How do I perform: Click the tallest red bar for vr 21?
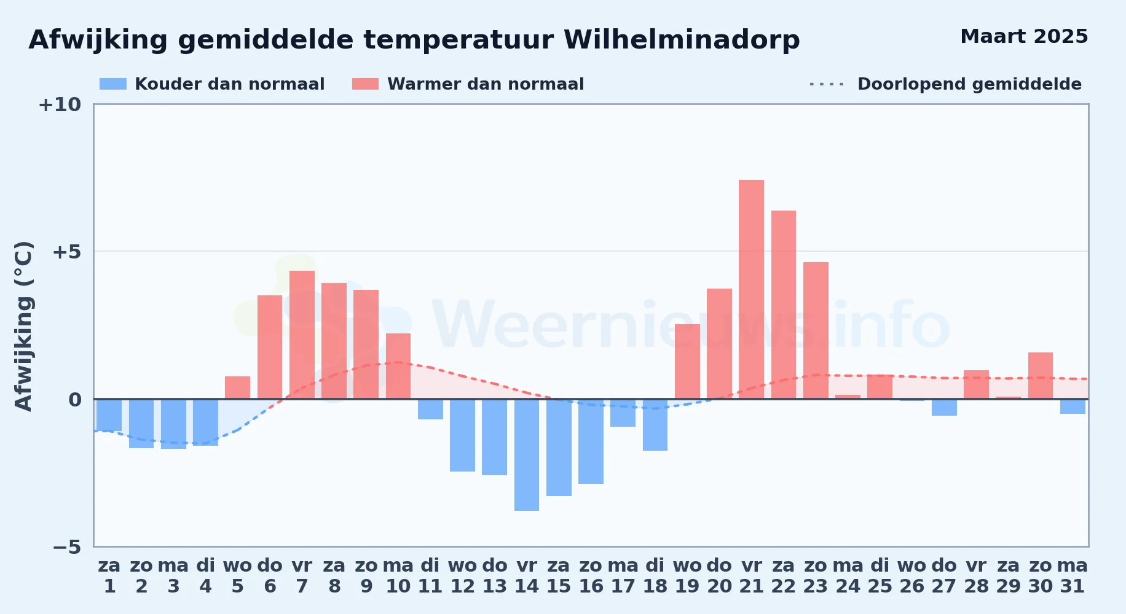click(x=751, y=289)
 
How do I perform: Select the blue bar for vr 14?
click(x=527, y=455)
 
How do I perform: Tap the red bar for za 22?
click(x=784, y=305)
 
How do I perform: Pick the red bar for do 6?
click(x=270, y=347)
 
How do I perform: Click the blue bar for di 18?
click(x=655, y=425)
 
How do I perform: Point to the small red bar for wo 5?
click(x=237, y=387)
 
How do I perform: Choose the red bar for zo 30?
click(x=1041, y=376)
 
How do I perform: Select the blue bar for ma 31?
click(x=1073, y=406)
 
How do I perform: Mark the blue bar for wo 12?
click(x=462, y=435)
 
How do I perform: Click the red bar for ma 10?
click(x=398, y=366)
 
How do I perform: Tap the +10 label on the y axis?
click(x=60, y=105)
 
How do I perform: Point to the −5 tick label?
click(x=67, y=547)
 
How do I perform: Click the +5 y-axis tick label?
click(x=66, y=252)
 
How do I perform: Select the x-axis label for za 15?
click(x=559, y=576)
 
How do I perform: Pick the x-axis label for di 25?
click(x=880, y=576)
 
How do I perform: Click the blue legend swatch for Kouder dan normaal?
click(x=113, y=84)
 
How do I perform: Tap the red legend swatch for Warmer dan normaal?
click(x=365, y=84)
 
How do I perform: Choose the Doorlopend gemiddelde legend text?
click(x=969, y=84)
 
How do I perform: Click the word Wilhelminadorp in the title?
click(x=682, y=40)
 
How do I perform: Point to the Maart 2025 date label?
click(x=1024, y=36)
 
